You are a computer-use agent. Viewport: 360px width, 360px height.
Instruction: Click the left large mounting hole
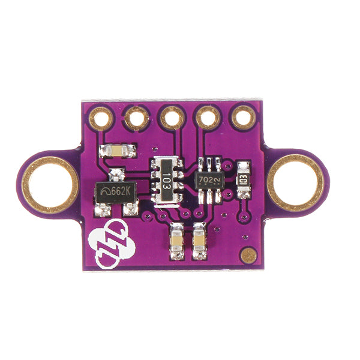(50, 184)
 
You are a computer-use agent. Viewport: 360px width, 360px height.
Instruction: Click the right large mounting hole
(295, 182)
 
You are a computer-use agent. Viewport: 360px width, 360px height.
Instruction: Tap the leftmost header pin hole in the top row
(101, 118)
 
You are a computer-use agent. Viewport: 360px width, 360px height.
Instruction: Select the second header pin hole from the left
(137, 118)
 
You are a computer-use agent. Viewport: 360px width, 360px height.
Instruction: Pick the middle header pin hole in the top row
(173, 118)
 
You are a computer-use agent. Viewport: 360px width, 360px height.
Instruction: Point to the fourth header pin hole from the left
(208, 118)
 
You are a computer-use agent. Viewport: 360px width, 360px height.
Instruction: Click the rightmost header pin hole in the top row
(244, 117)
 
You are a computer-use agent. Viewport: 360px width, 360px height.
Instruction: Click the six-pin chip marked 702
(209, 179)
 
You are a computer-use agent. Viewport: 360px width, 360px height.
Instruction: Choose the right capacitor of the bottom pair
(200, 241)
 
